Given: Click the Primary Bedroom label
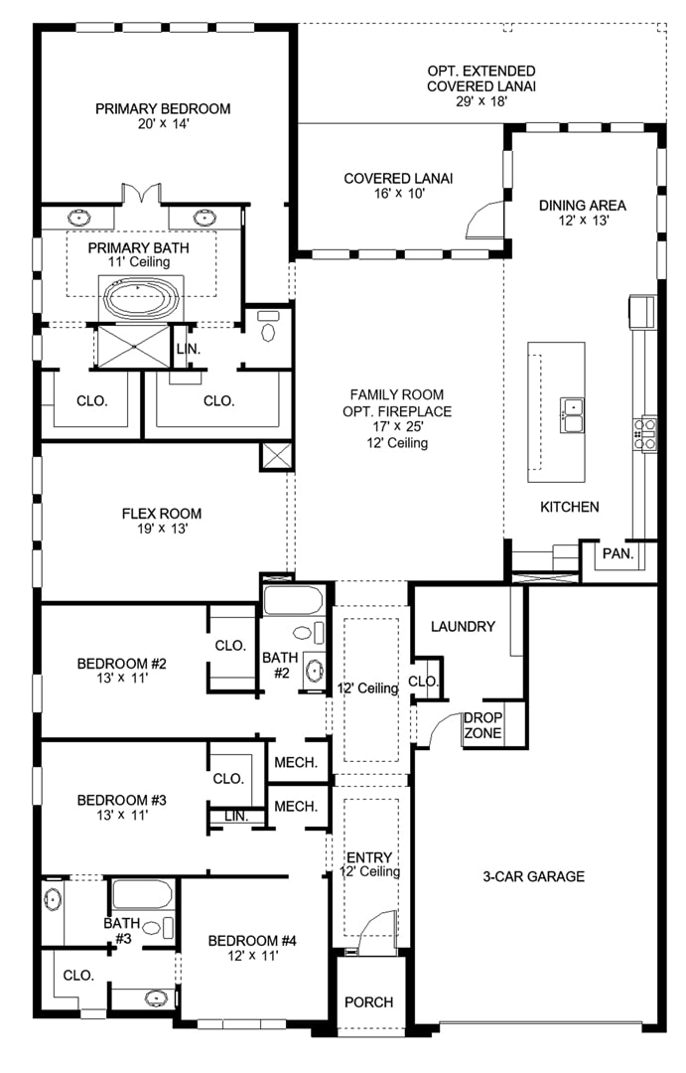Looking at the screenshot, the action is pyautogui.click(x=163, y=109).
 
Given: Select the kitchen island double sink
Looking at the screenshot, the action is pyautogui.click(x=573, y=414).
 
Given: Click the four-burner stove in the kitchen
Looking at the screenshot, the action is pyautogui.click(x=645, y=434).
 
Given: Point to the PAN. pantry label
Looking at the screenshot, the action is pyautogui.click(x=617, y=553).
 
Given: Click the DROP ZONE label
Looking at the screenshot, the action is pyautogui.click(x=482, y=725).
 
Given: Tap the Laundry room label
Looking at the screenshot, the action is pyautogui.click(x=463, y=626).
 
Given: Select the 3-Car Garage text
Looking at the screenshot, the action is pyautogui.click(x=533, y=876).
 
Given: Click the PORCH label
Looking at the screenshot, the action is pyautogui.click(x=368, y=1002).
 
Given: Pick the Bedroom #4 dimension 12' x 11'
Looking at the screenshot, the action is pyautogui.click(x=252, y=956).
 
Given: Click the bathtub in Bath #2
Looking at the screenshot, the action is pyautogui.click(x=293, y=600).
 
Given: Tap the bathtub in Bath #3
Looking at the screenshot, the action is pyautogui.click(x=142, y=894).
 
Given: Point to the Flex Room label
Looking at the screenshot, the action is pyautogui.click(x=162, y=514).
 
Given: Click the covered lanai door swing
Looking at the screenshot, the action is pyautogui.click(x=483, y=223).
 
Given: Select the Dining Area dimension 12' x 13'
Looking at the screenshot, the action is pyautogui.click(x=583, y=221).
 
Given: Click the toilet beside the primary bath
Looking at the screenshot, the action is pyautogui.click(x=268, y=328).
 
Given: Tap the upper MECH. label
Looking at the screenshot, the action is pyautogui.click(x=296, y=762).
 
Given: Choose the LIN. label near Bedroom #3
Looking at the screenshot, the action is pyautogui.click(x=236, y=817).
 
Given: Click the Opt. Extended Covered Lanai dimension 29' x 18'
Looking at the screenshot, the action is pyautogui.click(x=481, y=101).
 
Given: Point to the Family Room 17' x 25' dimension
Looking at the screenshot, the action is pyautogui.click(x=397, y=426).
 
